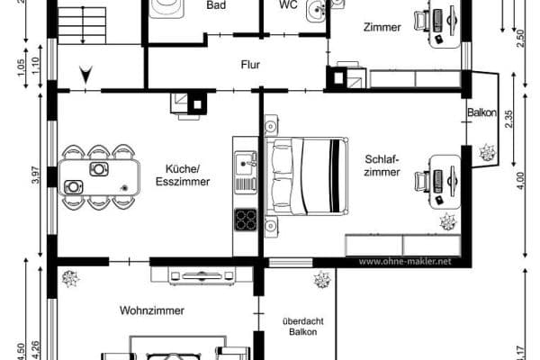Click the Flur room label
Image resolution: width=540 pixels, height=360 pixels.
[250, 65]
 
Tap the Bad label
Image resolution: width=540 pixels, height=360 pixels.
[216, 5]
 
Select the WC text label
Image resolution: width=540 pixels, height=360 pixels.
[288, 4]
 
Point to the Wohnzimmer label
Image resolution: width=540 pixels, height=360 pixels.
[152, 310]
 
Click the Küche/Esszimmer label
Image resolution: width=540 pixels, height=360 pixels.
[182, 175]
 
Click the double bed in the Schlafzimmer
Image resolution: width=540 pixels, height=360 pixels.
[306, 176]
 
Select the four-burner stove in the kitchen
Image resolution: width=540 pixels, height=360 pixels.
[245, 219]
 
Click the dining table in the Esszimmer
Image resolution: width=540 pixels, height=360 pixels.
[99, 177]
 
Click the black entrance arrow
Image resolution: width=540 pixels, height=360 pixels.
[85, 75]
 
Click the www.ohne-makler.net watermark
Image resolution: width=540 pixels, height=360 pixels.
[403, 262]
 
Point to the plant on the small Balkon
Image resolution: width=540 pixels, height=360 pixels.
[488, 151]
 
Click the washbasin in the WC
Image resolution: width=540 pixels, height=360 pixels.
[315, 11]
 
